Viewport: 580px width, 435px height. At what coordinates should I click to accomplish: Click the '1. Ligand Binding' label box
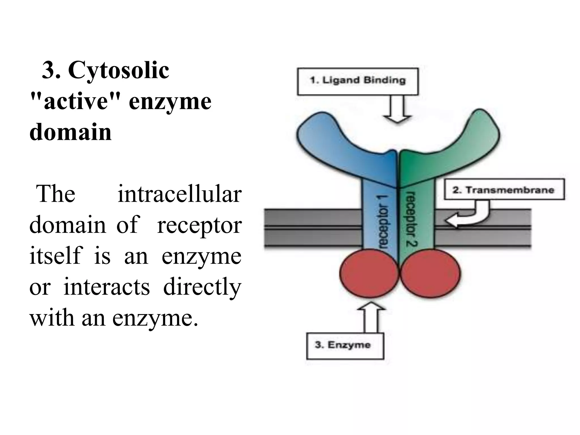pos(357,81)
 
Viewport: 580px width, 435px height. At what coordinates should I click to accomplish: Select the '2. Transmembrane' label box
pos(504,189)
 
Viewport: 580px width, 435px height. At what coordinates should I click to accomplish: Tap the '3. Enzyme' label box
pos(345,346)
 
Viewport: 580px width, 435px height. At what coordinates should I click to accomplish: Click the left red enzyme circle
pos(369,273)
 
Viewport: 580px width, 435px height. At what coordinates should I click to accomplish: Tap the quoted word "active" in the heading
pos(75,101)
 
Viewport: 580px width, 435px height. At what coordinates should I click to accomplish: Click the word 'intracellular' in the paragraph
pos(179,194)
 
